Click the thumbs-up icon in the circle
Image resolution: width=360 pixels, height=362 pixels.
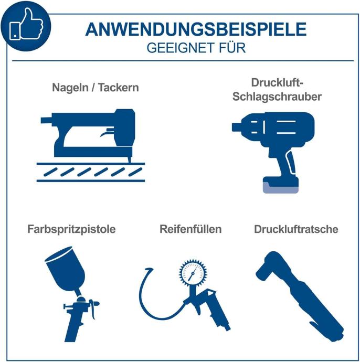[x=26, y=24]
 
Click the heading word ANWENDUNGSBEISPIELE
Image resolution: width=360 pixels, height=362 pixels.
[x=196, y=29]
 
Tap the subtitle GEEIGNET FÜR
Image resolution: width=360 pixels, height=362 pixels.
[x=196, y=48]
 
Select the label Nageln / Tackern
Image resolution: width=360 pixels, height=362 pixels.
[x=96, y=88]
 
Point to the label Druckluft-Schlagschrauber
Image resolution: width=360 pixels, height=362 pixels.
[x=277, y=90]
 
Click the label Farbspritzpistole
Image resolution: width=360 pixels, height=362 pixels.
[x=71, y=229]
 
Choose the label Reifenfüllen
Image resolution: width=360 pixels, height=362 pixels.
[x=190, y=229]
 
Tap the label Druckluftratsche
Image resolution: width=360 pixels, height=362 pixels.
[x=296, y=229]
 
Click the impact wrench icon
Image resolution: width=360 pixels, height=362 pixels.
[x=273, y=152]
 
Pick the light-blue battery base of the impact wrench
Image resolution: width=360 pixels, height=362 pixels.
[x=281, y=188]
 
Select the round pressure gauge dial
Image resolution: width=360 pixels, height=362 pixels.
[x=193, y=273]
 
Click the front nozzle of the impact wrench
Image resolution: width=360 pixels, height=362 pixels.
[x=237, y=127]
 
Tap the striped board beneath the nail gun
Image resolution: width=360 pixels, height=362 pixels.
[x=90, y=172]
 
